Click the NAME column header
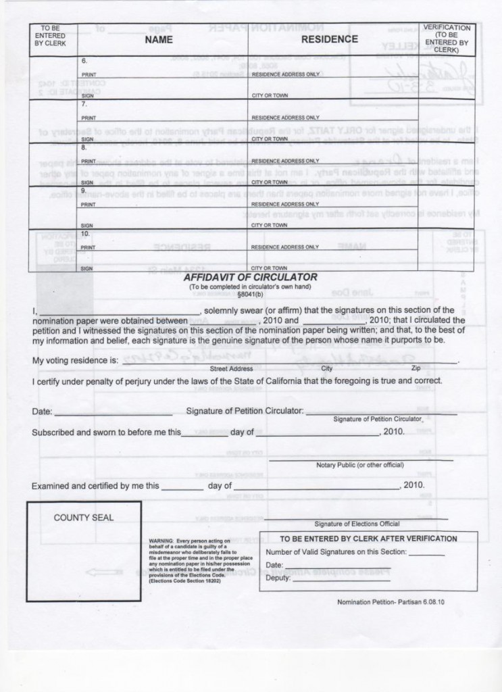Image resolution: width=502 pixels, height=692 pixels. tap(159, 40)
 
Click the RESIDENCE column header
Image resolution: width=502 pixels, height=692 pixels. tap(330, 40)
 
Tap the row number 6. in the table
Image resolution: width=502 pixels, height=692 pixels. tap(84, 61)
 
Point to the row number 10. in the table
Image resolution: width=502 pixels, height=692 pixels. tap(86, 232)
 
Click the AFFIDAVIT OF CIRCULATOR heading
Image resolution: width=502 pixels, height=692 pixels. tap(251, 277)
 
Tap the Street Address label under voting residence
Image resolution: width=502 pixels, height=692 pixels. tap(231, 369)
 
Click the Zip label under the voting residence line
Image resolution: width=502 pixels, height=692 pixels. tap(415, 369)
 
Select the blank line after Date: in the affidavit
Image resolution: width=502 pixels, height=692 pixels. tap(113, 412)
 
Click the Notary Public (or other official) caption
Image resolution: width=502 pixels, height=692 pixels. tap(359, 465)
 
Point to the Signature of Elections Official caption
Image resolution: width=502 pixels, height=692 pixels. tap(357, 524)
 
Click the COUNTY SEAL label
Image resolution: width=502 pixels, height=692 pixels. tap(84, 518)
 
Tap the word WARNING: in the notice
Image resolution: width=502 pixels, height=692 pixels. tap(161, 541)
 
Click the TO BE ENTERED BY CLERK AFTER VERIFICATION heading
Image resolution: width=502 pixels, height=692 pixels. tap(368, 539)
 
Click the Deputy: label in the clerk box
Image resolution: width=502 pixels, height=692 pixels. tap(278, 578)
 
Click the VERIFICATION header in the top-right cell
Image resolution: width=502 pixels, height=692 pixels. tap(447, 28)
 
